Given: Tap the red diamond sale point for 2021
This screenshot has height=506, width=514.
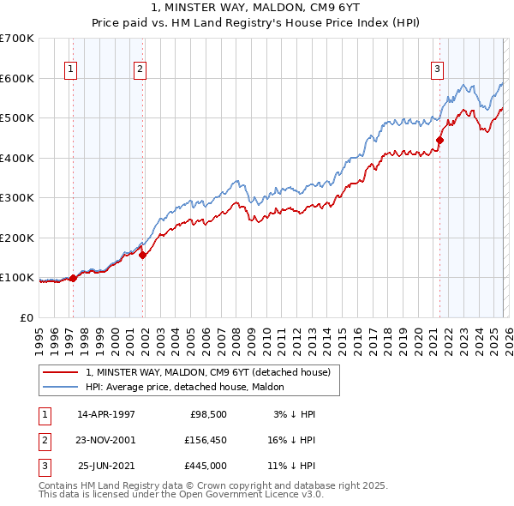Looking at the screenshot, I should (x=439, y=140).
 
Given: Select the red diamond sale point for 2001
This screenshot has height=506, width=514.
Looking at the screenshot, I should (x=143, y=255).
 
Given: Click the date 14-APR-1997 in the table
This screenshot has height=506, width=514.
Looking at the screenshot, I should (x=106, y=414).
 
